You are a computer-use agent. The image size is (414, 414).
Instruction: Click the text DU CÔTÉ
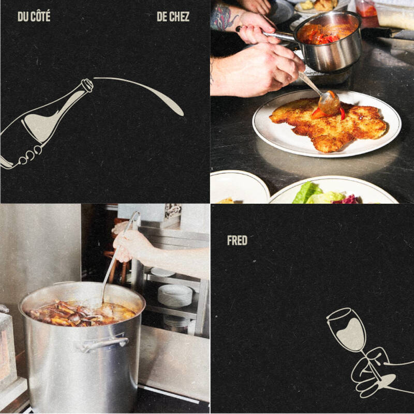(x=34, y=17)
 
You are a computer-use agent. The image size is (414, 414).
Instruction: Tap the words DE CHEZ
(x=173, y=17)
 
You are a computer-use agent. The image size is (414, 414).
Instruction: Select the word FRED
(x=237, y=240)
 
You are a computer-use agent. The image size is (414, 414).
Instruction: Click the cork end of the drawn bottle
(x=87, y=85)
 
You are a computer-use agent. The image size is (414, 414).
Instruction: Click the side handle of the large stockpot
(x=105, y=343)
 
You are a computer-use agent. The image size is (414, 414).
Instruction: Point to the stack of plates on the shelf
(x=175, y=295)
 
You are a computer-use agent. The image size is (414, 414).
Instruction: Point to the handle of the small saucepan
(x=277, y=35)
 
